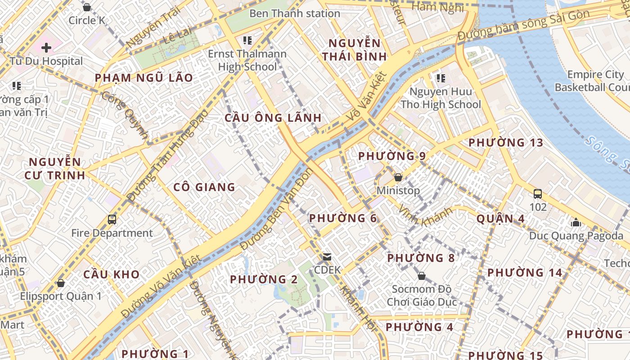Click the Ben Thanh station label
click(294, 13)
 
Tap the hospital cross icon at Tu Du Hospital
click(46, 47)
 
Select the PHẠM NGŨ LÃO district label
click(144, 78)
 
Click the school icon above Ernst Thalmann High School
click(247, 41)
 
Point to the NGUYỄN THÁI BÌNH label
click(355, 50)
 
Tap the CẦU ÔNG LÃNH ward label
click(273, 118)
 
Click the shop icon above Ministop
click(398, 177)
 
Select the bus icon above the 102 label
click(537, 194)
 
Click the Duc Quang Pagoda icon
click(576, 222)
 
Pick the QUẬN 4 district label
click(500, 219)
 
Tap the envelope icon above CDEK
click(327, 257)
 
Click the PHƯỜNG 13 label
click(505, 143)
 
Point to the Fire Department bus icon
click(112, 220)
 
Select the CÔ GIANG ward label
click(204, 187)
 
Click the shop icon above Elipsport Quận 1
click(60, 283)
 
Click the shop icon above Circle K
click(87, 7)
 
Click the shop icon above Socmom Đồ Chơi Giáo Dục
click(422, 275)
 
